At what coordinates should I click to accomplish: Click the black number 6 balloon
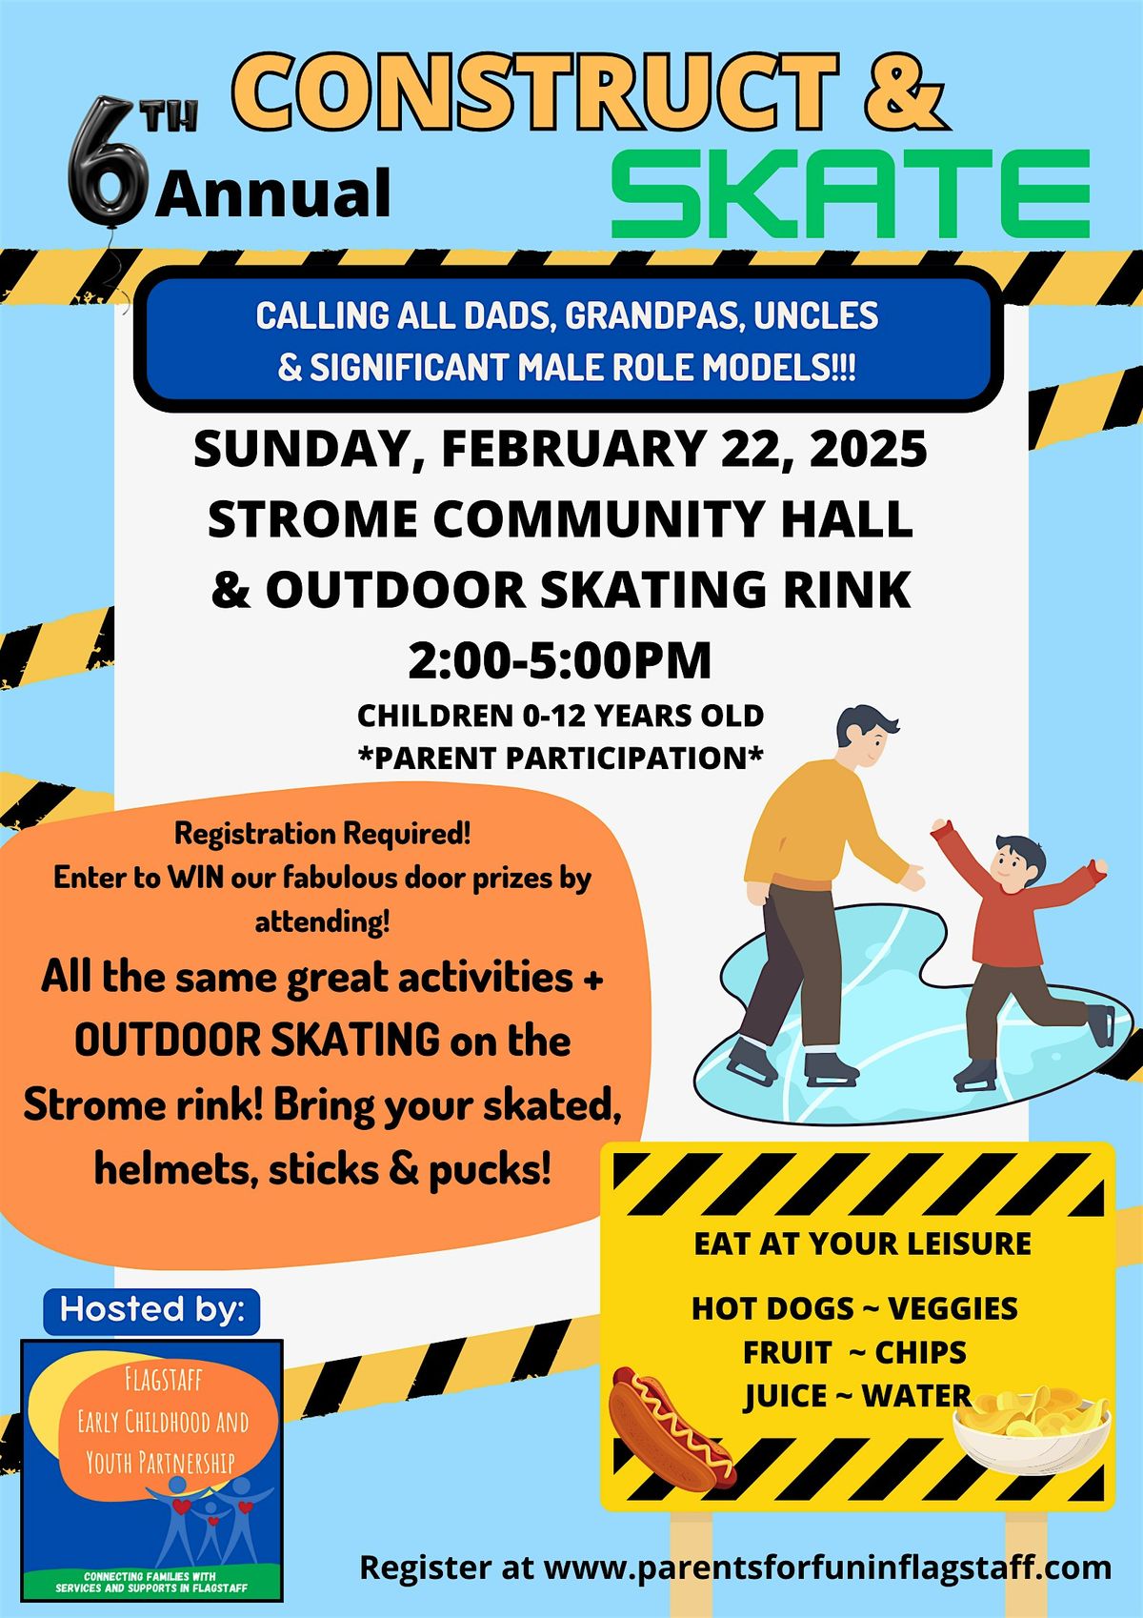(x=109, y=163)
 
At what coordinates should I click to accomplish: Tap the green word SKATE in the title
(x=850, y=193)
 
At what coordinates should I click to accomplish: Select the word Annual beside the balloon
(x=273, y=193)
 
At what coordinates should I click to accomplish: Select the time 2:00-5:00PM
(x=560, y=660)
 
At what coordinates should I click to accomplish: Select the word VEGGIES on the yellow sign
(x=952, y=1308)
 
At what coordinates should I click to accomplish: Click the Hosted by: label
(x=151, y=1309)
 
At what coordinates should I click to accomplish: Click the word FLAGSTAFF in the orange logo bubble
(x=164, y=1381)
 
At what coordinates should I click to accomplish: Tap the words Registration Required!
(x=322, y=835)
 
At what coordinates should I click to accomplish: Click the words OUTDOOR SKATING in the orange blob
(x=257, y=1041)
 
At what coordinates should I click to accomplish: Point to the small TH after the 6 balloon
(x=172, y=118)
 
